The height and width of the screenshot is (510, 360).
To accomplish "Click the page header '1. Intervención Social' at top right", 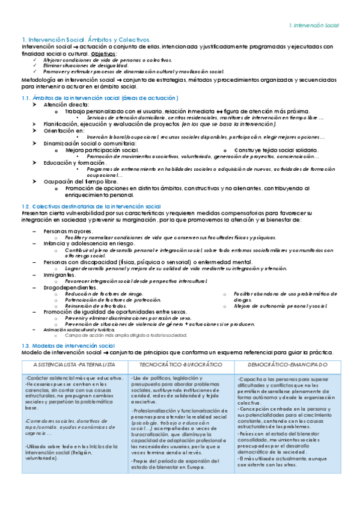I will (x=314, y=26).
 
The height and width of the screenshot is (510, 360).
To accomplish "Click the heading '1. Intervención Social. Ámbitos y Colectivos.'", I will (x=86, y=39).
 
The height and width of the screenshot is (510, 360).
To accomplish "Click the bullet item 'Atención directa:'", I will (x=67, y=104).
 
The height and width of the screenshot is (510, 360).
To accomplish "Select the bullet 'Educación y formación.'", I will (x=75, y=162).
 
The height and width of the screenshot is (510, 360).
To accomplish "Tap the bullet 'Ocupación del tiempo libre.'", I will (x=81, y=182).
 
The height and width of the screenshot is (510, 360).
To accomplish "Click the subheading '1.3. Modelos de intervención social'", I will (x=68, y=346).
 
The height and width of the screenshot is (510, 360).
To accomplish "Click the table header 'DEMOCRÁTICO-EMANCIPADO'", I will (x=287, y=365).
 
